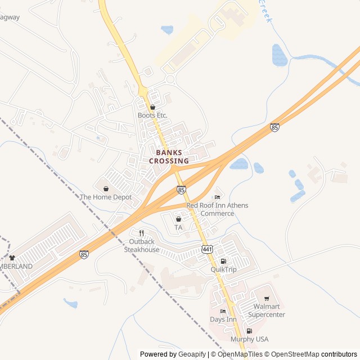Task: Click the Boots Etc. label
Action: pos(152,115)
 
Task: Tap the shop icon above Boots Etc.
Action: pos(152,107)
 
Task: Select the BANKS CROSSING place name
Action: pos(169,157)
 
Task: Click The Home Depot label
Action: pos(106,197)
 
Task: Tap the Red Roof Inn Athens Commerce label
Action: pos(217,209)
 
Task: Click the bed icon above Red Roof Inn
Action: pos(217,197)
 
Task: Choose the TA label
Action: pos(178,227)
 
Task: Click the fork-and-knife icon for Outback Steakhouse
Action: pos(142,233)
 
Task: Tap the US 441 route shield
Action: pos(207,249)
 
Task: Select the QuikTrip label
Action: pos(223,269)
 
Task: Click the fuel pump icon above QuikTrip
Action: pos(223,261)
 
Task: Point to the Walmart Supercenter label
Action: pos(267,310)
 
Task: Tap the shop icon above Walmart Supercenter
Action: pos(267,299)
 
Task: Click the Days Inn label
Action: pos(223,319)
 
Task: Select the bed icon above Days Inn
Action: pos(223,311)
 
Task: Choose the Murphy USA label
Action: pos(249,339)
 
